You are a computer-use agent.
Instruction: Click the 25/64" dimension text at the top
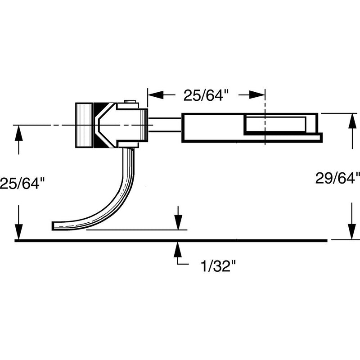[207, 95]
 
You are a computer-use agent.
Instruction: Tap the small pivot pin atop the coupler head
[130, 102]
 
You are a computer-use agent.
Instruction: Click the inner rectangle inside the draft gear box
[274, 124]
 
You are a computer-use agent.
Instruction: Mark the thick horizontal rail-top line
[171, 241]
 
